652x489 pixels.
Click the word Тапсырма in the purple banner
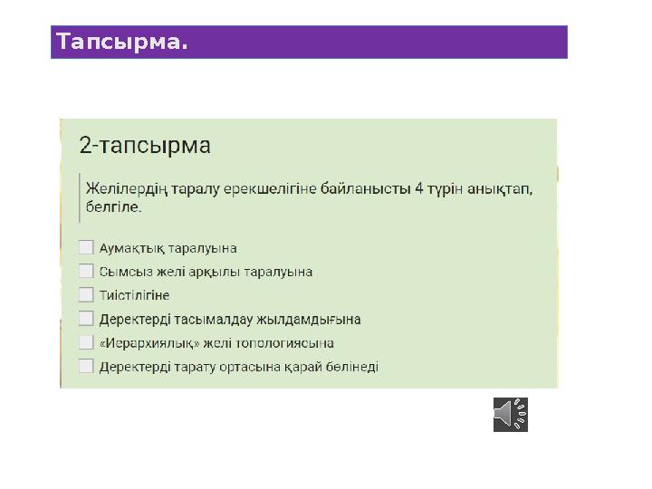tap(121, 42)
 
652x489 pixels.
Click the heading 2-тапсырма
tap(145, 146)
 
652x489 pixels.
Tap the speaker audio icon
tap(511, 414)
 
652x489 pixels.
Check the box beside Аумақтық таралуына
tap(86, 247)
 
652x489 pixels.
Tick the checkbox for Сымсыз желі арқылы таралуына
tap(86, 271)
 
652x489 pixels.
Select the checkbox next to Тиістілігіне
tap(86, 295)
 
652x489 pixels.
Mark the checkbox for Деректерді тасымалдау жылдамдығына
tap(86, 319)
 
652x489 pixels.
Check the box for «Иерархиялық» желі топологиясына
tap(86, 342)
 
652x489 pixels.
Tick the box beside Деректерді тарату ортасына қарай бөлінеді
tap(86, 366)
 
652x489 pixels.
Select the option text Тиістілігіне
tap(134, 295)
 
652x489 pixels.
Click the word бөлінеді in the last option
tap(351, 367)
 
